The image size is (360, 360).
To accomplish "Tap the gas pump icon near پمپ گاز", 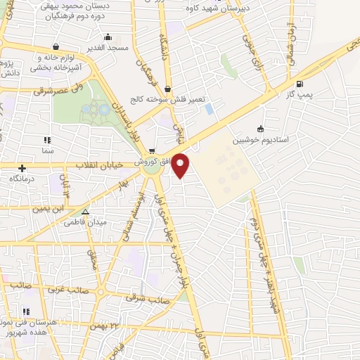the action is (x=301, y=84).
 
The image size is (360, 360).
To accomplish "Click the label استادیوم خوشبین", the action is (x=288, y=141).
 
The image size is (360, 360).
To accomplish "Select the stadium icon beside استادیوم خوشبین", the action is (x=260, y=129).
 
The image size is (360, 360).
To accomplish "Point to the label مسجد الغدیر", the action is (x=108, y=48).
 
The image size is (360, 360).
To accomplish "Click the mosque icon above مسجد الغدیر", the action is (x=108, y=37).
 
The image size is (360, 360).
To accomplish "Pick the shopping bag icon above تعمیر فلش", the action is (x=167, y=89).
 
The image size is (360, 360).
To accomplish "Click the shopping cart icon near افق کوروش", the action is (x=152, y=151).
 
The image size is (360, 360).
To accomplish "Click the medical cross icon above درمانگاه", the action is (x=23, y=168).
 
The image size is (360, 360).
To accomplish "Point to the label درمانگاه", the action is (x=23, y=179).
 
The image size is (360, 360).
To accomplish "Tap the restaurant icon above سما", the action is (x=47, y=140).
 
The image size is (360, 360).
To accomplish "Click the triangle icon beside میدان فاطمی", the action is (x=85, y=211).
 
